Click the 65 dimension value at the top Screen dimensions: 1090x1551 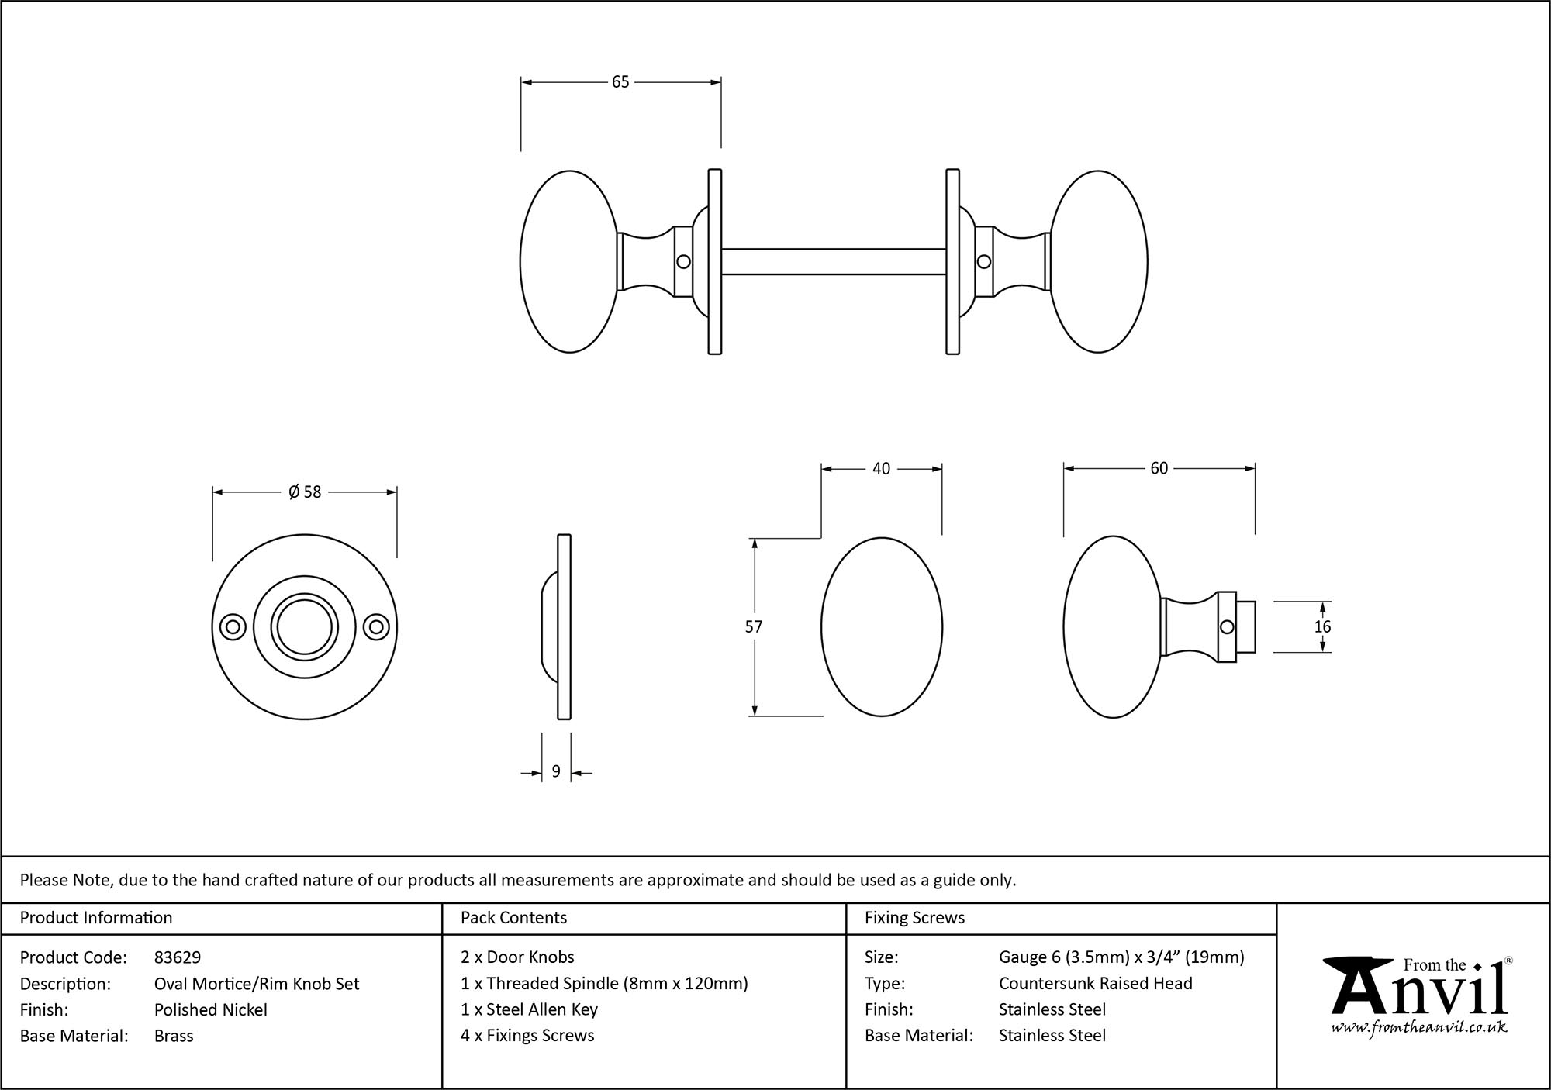point(620,82)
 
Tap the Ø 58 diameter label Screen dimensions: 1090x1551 point(305,492)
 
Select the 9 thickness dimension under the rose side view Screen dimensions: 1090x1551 point(556,772)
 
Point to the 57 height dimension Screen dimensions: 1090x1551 point(754,626)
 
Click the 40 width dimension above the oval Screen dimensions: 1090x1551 point(882,469)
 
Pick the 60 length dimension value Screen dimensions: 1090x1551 point(1159,469)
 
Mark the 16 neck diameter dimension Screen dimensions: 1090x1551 point(1323,626)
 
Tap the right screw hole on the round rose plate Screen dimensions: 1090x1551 point(377,627)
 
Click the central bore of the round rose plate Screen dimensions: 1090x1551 point(305,627)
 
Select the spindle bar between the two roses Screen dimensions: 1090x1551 point(834,262)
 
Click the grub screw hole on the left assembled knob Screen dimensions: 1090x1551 point(683,262)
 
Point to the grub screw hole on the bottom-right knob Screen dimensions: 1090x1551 point(1227,627)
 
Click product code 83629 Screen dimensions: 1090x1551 point(178,957)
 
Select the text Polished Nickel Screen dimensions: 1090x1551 point(211,1009)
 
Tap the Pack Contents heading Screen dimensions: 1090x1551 point(513,918)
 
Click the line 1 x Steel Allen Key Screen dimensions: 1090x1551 point(529,1009)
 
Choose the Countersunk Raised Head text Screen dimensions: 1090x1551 point(1095,983)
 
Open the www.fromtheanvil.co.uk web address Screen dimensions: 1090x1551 point(1419,1029)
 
